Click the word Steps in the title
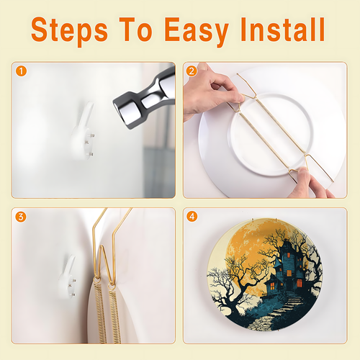pyautogui.click(x=69, y=30)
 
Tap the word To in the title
pyautogui.click(x=136, y=30)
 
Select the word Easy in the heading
pyautogui.click(x=197, y=31)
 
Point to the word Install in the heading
pyautogui.click(x=283, y=30)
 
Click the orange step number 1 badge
pyautogui.click(x=21, y=71)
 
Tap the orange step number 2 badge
pyautogui.click(x=192, y=71)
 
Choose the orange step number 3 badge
pyautogui.click(x=21, y=217)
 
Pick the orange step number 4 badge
pyautogui.click(x=192, y=217)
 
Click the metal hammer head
pyautogui.click(x=145, y=99)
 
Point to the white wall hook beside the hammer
pyautogui.click(x=83, y=132)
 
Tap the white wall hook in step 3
pyautogui.click(x=68, y=277)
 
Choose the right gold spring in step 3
pyautogui.click(x=114, y=315)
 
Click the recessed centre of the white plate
pyautogui.click(x=271, y=135)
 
